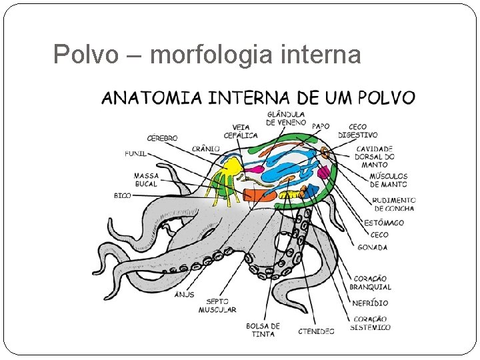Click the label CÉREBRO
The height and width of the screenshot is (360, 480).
(162, 138)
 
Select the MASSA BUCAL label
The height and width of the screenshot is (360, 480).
(146, 180)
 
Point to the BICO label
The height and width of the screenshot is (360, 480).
(122, 196)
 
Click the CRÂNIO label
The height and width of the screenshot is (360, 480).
(206, 148)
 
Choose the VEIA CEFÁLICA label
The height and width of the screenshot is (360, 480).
(241, 131)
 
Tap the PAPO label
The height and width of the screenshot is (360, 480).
(321, 126)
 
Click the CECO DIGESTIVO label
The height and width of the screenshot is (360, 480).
(357, 131)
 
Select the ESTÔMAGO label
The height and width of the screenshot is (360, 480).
(384, 223)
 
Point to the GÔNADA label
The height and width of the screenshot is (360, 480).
(372, 247)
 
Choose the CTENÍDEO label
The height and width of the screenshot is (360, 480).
(316, 331)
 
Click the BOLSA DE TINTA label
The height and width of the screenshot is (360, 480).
(263, 330)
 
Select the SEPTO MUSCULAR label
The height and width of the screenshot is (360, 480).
(217, 305)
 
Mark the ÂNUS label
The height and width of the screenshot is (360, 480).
(185, 294)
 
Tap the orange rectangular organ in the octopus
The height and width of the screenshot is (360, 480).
(259, 195)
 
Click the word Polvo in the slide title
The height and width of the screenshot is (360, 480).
(77, 54)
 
